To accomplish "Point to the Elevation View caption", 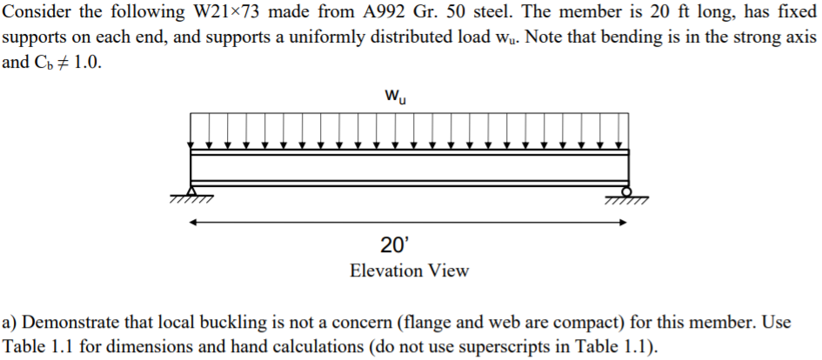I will coord(409,270).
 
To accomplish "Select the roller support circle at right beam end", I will coord(625,190).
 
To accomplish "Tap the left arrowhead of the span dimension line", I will coord(193,222).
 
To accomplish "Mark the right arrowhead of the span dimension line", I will coord(623,222).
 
